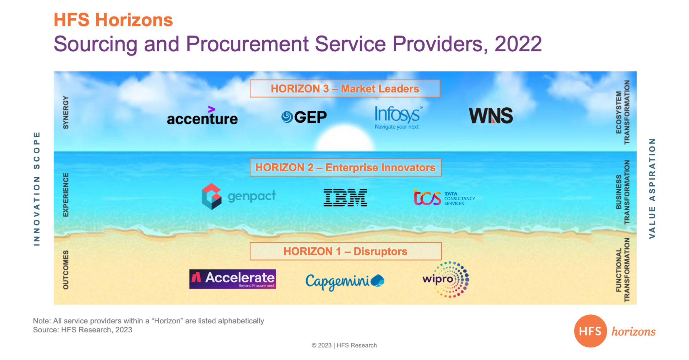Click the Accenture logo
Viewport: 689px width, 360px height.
202,116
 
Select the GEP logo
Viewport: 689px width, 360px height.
304,117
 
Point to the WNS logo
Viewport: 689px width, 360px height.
491,116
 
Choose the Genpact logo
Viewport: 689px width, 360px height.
239,196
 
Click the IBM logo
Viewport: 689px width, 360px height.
345,198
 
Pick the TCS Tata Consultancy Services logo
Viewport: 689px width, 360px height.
444,197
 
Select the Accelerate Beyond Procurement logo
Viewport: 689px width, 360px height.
233,279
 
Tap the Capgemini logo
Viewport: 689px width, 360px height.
345,282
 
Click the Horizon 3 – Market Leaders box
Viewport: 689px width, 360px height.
345,89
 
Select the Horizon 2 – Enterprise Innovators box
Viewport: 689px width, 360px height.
346,168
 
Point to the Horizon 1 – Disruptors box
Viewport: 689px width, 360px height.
346,251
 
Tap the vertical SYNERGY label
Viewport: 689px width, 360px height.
66,112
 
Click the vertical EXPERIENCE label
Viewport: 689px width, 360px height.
66,195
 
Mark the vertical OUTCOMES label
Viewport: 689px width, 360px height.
66,270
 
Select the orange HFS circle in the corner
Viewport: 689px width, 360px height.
590,331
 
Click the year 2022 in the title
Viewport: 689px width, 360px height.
518,44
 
